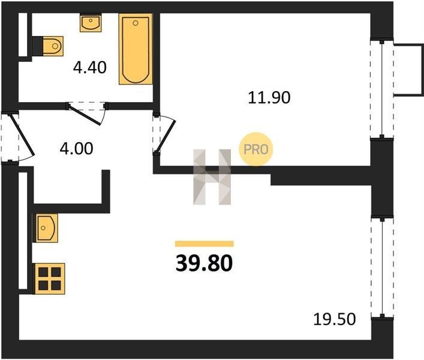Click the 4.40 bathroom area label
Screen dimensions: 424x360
(90, 68)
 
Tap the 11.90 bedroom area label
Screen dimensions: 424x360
(269, 98)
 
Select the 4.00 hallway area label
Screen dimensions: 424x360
(77, 148)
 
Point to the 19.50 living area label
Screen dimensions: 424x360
(335, 319)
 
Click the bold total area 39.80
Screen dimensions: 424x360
(204, 263)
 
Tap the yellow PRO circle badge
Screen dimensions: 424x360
(256, 149)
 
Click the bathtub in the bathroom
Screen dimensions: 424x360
(136, 49)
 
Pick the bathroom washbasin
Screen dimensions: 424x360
(91, 23)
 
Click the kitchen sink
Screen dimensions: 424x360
(46, 228)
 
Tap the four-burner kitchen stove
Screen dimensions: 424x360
(49, 278)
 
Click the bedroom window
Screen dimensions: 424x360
(382, 89)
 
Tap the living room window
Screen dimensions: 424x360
(382, 268)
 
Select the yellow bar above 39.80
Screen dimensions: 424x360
(204, 244)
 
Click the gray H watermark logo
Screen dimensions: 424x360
(212, 177)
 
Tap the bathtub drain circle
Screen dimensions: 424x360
(136, 23)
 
